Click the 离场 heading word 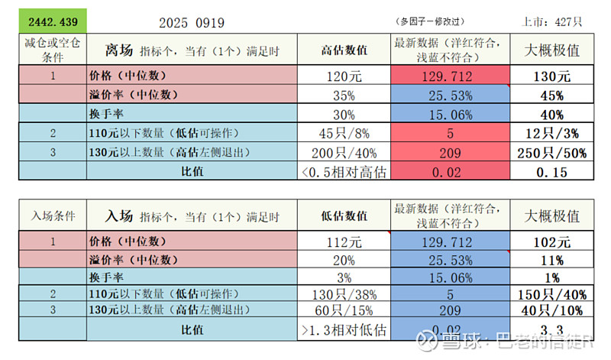(x=118, y=51)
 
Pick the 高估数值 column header (x=344, y=51)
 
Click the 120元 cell (x=344, y=76)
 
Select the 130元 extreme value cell (x=551, y=76)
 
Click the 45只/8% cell (x=344, y=134)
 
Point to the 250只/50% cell (x=551, y=153)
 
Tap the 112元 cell (x=344, y=243)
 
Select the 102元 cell (x=551, y=243)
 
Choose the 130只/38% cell (x=344, y=294)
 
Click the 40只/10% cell (x=551, y=311)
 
